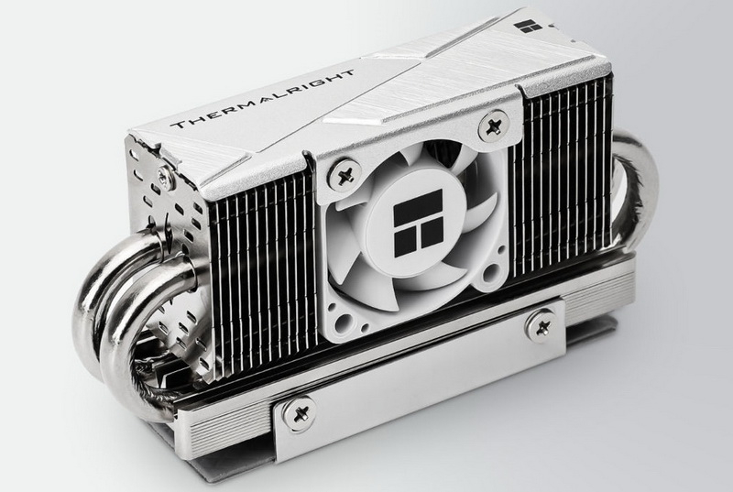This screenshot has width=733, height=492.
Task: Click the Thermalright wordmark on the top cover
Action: (x=262, y=99)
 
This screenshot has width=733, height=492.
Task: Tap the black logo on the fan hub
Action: (x=418, y=224)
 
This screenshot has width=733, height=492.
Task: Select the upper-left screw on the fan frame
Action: (x=345, y=175)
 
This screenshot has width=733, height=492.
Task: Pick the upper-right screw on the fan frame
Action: (x=493, y=126)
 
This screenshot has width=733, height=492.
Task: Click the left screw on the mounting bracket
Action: (x=300, y=413)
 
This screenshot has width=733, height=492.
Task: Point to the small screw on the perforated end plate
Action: (x=165, y=177)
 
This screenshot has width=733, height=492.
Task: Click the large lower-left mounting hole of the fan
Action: (x=345, y=321)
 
